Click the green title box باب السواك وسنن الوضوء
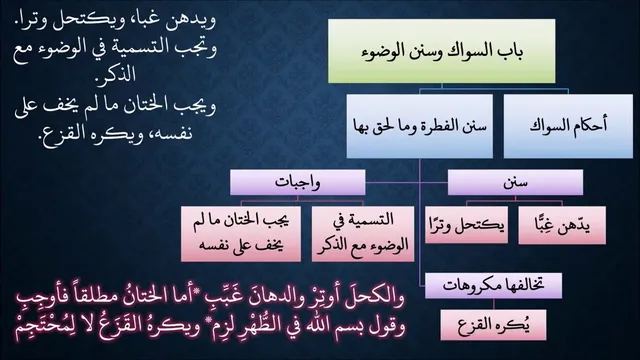[442, 51]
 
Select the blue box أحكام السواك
[568, 126]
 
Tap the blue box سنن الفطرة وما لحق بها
[420, 126]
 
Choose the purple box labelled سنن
[515, 182]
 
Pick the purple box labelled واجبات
[298, 182]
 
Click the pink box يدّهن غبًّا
[562, 225]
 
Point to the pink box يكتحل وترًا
[467, 225]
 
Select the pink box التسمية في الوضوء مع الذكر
[363, 234]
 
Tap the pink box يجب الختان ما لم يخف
[241, 234]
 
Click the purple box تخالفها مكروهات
[493, 286]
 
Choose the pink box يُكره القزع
[493, 325]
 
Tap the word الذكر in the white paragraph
[116, 75]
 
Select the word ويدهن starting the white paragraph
[192, 20]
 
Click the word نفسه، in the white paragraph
[168, 133]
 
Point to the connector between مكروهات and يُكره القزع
[493, 304]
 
